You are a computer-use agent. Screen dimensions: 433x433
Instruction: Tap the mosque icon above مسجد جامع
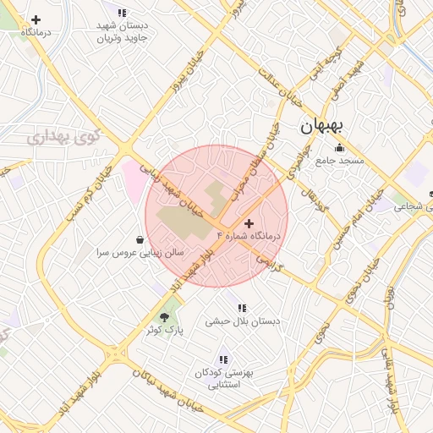tap(340, 148)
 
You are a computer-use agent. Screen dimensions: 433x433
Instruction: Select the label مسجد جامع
tap(340, 161)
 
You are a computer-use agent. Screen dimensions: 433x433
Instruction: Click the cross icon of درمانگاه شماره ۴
tap(248, 222)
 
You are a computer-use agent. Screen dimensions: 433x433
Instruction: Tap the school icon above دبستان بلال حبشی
tap(242, 309)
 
